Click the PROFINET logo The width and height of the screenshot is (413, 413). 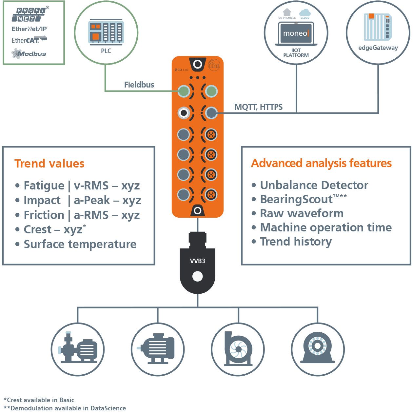pos(30,14)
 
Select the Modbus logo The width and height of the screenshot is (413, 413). pos(29,53)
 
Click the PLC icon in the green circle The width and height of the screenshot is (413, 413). pos(106,32)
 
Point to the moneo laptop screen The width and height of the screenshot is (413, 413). pos(296,33)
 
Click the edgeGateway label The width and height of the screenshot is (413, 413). pos(378,48)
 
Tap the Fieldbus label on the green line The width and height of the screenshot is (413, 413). pos(139,85)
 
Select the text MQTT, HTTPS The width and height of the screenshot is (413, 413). pos(258,107)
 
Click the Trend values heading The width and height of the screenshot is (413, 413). pos(49,163)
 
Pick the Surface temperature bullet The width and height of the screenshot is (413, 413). pos(80,244)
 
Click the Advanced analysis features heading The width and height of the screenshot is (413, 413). pos(321,163)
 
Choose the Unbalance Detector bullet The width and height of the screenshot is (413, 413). pos(314,185)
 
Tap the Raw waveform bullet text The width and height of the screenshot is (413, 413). pos(302,213)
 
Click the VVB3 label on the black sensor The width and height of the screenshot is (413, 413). pos(197,261)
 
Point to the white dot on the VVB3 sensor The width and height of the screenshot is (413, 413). pos(197,276)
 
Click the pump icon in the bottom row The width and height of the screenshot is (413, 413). pos(78,349)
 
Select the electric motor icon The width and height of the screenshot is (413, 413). pos(158,349)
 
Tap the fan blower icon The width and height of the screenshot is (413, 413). pos(238,349)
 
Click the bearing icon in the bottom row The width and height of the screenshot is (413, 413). pos(317,349)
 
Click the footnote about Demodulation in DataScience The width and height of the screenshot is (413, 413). pos(65,408)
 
